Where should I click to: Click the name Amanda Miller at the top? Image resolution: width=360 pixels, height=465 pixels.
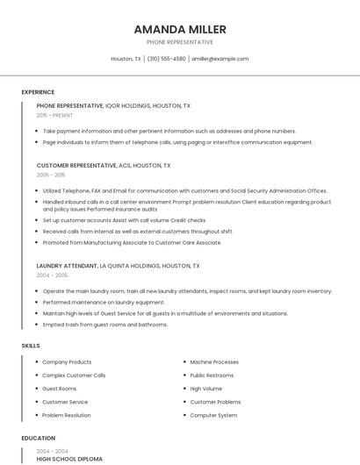coord(179,29)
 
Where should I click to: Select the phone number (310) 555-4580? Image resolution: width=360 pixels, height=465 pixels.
coord(167,59)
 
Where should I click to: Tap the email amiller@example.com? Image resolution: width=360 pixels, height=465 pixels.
coord(220,59)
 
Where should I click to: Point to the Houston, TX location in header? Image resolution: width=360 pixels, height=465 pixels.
coord(126,59)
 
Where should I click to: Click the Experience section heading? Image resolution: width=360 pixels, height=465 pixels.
coord(38,92)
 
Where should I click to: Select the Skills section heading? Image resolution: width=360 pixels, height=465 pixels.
coord(31,346)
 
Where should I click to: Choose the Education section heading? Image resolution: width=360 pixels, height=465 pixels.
coord(39,438)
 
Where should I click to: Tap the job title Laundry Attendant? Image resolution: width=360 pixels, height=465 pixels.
coord(67,265)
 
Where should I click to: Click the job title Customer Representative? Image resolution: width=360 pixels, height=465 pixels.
coord(76,165)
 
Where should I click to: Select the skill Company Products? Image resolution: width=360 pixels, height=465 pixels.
coord(67,361)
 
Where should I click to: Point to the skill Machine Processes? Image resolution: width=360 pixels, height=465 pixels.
coord(214,361)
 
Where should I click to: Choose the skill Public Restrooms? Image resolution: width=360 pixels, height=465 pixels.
coord(212,375)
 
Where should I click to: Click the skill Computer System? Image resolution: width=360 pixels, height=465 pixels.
coord(213,415)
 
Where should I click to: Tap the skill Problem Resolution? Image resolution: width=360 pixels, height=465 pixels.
coord(66,415)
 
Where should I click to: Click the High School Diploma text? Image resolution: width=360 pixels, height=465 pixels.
coord(69,459)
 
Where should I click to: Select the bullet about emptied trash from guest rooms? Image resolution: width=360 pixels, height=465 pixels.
coord(104,325)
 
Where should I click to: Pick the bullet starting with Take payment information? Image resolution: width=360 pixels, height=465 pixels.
coord(169,131)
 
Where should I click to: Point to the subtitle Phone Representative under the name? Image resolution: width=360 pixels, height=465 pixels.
coord(179,42)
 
